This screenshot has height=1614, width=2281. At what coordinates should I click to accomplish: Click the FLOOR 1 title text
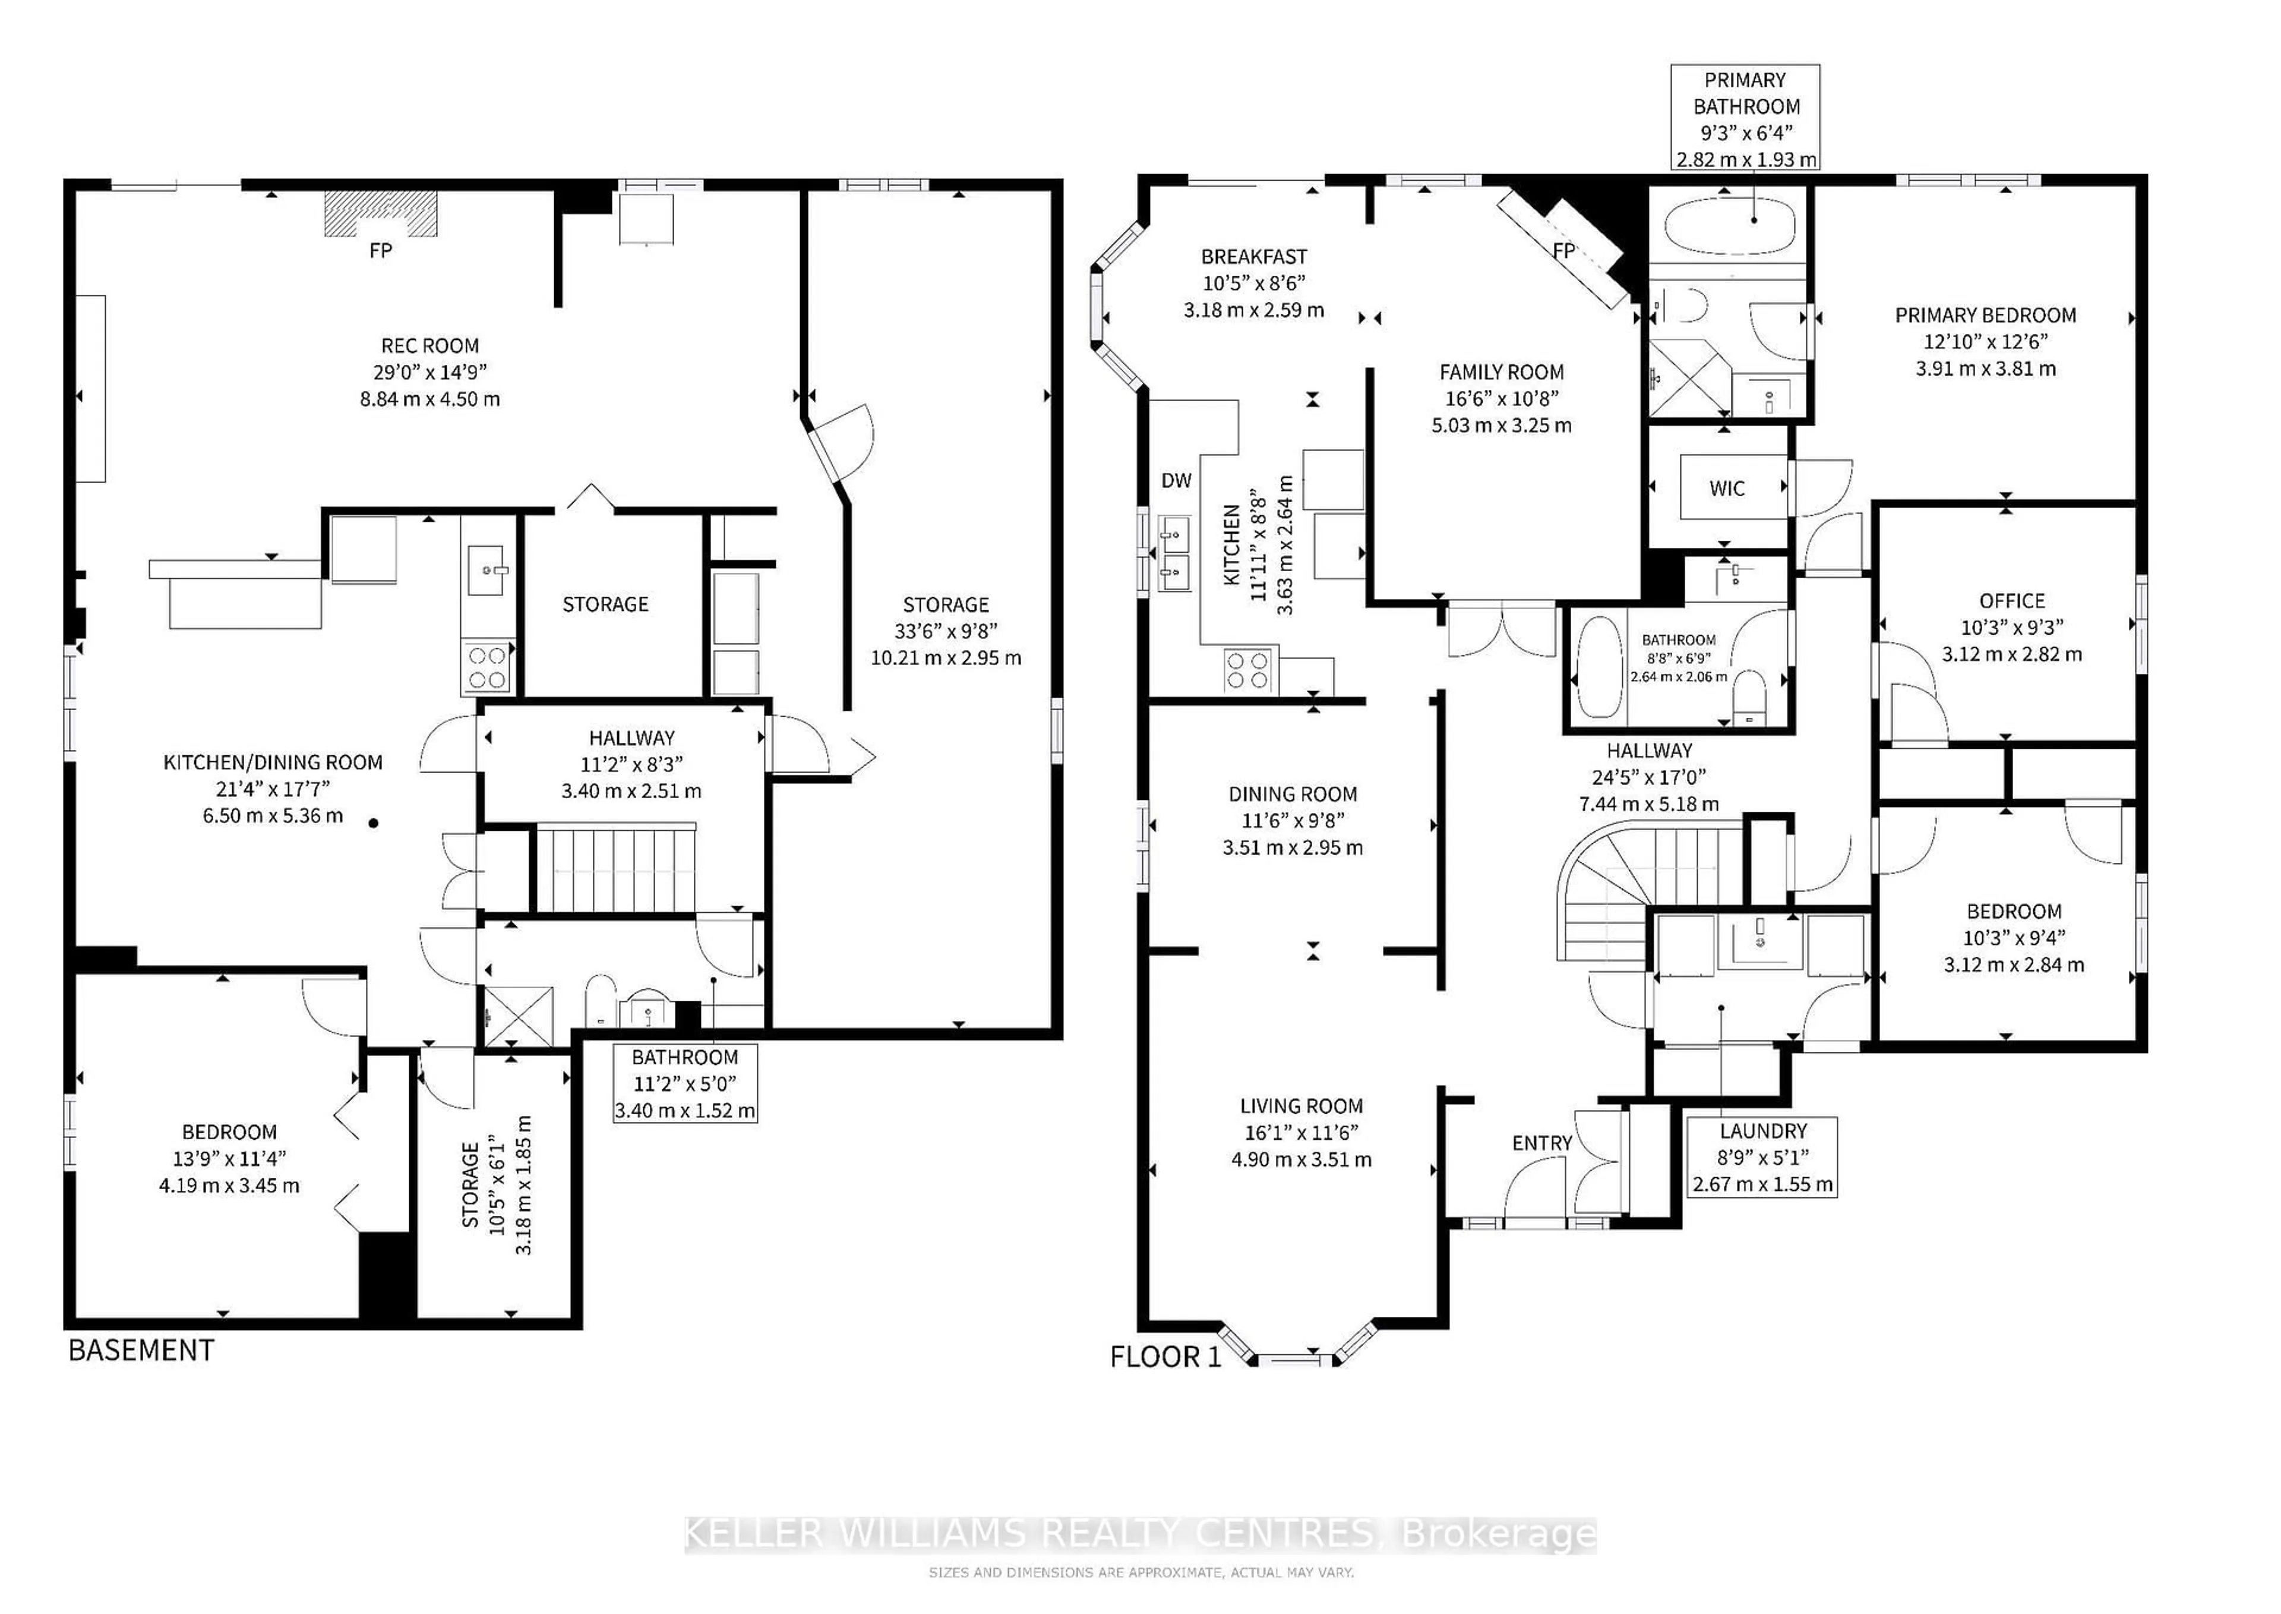(x=1164, y=1357)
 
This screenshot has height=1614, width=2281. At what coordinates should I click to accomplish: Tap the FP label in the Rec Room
(x=381, y=250)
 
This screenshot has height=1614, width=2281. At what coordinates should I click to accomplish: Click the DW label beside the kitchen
(x=1176, y=481)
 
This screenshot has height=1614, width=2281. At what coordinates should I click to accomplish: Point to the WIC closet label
(x=1727, y=488)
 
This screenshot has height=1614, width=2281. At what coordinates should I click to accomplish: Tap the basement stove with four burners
(x=488, y=667)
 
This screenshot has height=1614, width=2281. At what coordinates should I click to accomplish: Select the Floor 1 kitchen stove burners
(x=1249, y=670)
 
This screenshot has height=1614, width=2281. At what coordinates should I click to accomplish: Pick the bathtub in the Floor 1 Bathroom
(x=1598, y=667)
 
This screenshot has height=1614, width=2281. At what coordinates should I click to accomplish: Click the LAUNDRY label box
(x=1762, y=1157)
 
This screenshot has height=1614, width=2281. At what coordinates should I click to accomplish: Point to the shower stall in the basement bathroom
(x=517, y=1016)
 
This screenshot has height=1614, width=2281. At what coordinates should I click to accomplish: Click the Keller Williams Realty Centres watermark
(x=1140, y=1534)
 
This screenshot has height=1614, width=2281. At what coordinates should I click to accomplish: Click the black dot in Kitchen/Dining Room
(x=374, y=823)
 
